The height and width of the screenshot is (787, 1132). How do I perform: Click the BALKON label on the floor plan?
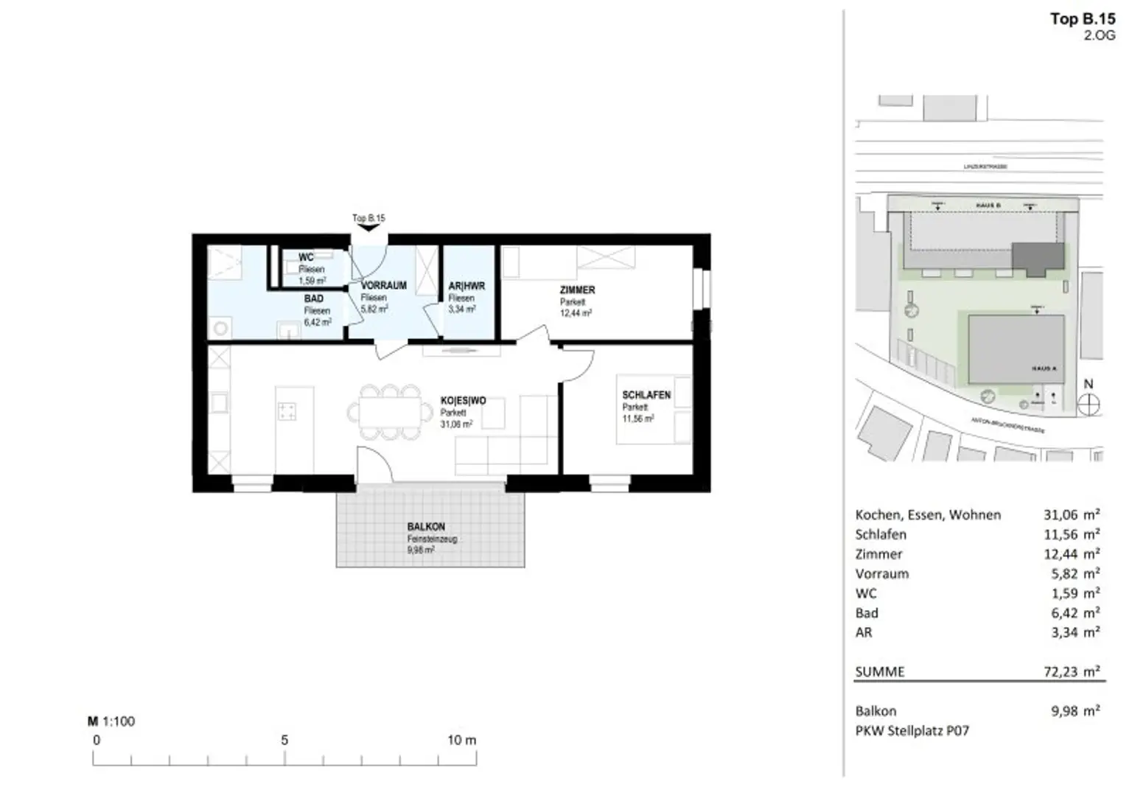pos(426,527)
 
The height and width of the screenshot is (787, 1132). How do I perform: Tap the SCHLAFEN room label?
pos(646,395)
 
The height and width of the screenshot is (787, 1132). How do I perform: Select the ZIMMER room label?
pos(577,290)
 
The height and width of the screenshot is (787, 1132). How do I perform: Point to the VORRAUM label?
pos(383,285)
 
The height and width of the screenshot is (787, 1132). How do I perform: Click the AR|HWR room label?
pos(467,286)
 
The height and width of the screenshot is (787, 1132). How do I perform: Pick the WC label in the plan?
pos(306,257)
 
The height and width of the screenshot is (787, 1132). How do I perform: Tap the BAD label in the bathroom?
pos(314,298)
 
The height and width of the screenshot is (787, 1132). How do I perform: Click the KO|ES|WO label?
pos(463,401)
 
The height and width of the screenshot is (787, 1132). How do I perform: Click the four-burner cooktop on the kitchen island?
pos(287,411)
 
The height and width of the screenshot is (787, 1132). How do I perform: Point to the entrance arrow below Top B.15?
pos(368,228)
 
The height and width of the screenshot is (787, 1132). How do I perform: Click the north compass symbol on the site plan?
pos(1089,404)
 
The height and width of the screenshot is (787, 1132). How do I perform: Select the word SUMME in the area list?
pos(880,671)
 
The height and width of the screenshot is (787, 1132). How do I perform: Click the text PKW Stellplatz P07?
pos(912,731)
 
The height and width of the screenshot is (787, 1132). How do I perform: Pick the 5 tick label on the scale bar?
pos(284,740)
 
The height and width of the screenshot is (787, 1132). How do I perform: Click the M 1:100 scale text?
pos(111,721)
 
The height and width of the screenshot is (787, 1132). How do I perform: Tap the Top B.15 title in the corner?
pos(1082,19)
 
